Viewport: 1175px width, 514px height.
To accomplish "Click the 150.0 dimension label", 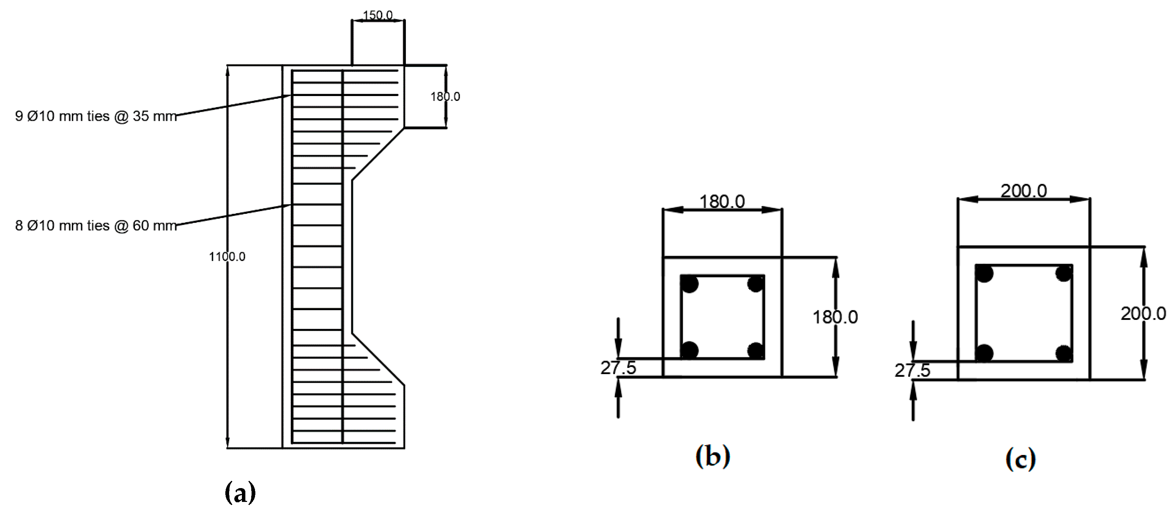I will click(x=377, y=15).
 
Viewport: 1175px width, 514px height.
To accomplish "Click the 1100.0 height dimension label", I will click(x=227, y=257).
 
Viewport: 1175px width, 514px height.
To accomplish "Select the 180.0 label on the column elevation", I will click(x=445, y=97).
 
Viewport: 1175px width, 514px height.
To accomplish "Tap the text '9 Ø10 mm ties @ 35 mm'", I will click(x=96, y=116).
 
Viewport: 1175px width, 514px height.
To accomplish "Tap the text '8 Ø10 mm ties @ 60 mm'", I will click(x=96, y=226).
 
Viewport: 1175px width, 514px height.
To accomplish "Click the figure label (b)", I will click(x=713, y=456).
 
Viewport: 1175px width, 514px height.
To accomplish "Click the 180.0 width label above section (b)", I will click(x=722, y=201).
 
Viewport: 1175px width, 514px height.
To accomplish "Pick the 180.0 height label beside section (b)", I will click(x=835, y=317).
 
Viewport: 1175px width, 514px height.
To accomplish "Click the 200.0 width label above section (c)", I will click(x=1024, y=191).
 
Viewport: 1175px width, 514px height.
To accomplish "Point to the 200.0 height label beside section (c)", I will click(x=1143, y=314).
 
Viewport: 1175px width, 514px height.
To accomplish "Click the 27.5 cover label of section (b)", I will click(x=618, y=368).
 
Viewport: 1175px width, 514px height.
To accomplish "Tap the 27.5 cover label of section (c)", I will click(x=912, y=371).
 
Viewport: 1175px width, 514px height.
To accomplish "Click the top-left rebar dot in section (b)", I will click(x=690, y=284).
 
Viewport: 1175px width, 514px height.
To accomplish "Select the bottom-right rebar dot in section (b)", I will click(x=755, y=351).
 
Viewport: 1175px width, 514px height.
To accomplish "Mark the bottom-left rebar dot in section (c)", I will click(x=984, y=353).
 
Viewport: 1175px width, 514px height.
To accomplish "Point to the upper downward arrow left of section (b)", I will click(x=618, y=338).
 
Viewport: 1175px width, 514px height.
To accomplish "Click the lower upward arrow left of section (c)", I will click(x=913, y=402).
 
